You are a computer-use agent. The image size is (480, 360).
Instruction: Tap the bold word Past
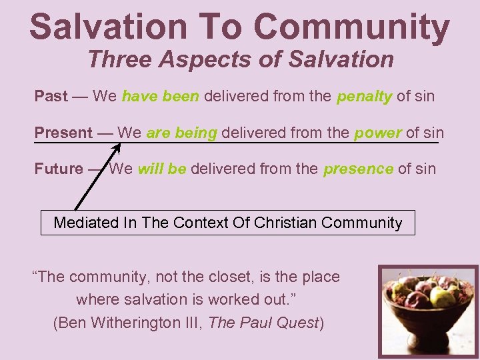[x=51, y=96]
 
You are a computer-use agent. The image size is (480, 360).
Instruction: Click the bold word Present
[x=63, y=133]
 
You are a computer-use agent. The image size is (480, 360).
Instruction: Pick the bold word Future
[x=59, y=169]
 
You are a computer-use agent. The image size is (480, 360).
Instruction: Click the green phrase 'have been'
[x=160, y=96]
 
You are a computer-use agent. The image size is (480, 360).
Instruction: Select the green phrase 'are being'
[x=181, y=133]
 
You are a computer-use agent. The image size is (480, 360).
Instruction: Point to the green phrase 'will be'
[x=162, y=169]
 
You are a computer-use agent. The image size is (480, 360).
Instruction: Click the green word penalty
[x=364, y=97]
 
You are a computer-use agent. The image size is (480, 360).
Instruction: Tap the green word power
[x=377, y=133]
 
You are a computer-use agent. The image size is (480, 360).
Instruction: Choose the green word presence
[x=358, y=169]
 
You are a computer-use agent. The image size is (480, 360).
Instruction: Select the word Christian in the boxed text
[x=285, y=223]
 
